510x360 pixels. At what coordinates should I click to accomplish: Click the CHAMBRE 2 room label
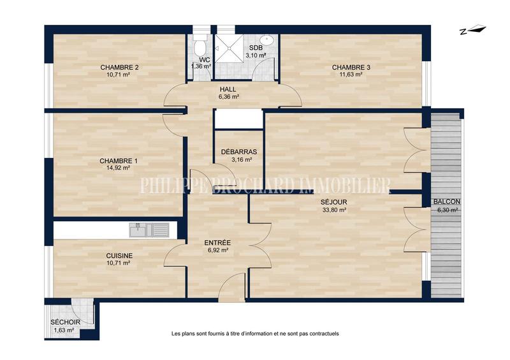coord(119,67)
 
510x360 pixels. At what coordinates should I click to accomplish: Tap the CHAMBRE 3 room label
coord(351,67)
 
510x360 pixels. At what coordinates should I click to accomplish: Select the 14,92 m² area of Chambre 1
coord(119,168)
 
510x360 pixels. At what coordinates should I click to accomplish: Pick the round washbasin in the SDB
coord(268,41)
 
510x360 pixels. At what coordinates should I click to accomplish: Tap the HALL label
coord(229,89)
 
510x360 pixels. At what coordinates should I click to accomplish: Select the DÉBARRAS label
coord(239,152)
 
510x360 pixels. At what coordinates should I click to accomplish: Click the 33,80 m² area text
coord(333,210)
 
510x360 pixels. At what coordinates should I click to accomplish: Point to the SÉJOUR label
coord(333,202)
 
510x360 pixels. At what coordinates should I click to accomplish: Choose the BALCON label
coord(446,202)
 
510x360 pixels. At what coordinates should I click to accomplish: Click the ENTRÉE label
coord(217,243)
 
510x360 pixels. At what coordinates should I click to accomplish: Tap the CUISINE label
coord(119,255)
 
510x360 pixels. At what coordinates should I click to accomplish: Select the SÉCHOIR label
coord(66,322)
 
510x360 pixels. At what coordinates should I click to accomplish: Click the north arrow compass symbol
coord(472,29)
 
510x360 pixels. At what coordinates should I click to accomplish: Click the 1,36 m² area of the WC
coord(201,66)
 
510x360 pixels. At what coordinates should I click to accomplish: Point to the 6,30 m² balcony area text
coord(446,210)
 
